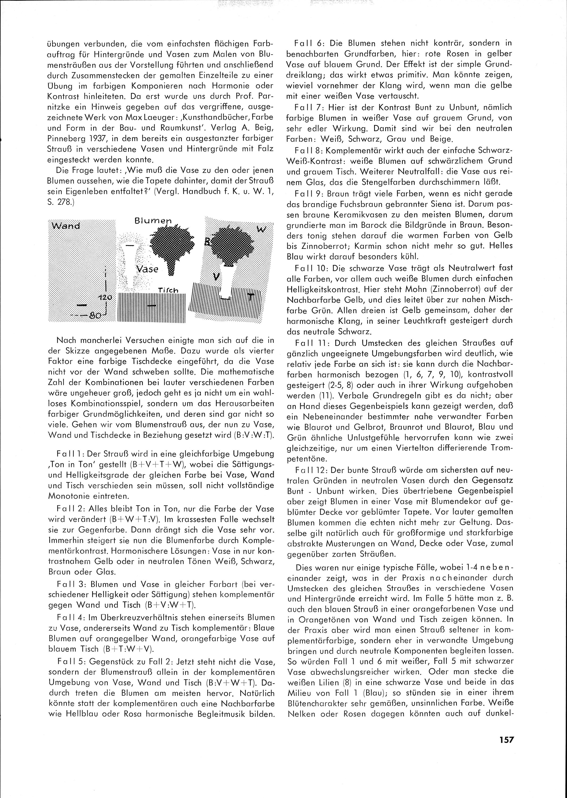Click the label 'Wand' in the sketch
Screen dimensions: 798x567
66,225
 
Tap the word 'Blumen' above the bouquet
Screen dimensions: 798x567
153,221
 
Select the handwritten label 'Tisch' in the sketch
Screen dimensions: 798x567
168,290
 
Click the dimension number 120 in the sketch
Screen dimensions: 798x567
105,297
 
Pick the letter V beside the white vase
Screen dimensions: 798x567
216,277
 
